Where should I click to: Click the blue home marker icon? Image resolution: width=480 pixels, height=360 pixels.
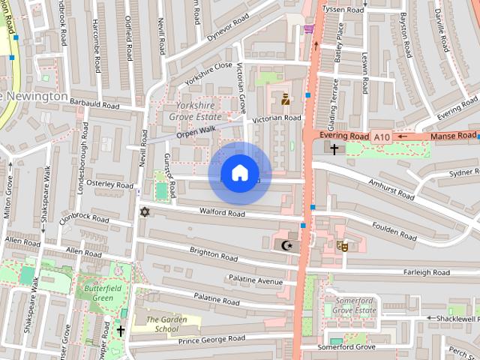(239, 173)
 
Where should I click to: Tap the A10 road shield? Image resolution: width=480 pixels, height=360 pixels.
(382, 136)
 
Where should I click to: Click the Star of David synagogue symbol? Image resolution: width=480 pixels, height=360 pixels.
(145, 213)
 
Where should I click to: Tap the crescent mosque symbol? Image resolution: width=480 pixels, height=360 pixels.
(285, 244)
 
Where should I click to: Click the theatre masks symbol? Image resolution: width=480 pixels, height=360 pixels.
(343, 244)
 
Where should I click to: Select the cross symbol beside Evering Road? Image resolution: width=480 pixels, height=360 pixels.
(334, 148)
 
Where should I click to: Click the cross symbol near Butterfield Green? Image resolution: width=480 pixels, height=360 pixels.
(120, 330)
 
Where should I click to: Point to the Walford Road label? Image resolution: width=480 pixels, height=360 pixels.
(223, 214)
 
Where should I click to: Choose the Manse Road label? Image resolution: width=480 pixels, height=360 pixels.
(453, 136)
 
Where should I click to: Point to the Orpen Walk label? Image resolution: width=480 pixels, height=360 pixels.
(196, 132)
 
